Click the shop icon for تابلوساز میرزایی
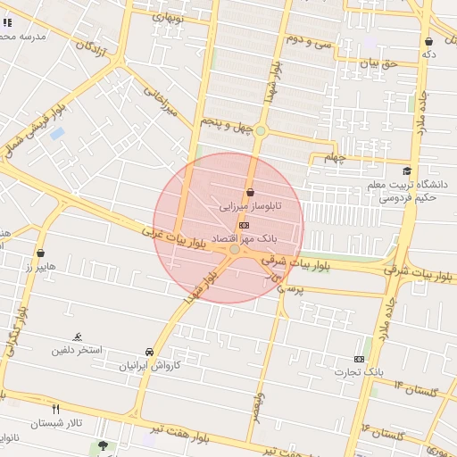249,192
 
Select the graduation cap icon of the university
407,171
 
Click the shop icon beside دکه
429,41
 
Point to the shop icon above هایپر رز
40,253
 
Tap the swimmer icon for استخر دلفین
79,337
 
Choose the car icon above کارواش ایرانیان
149,352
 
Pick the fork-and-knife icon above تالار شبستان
55,408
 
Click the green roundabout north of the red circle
261,131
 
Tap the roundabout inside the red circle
235,252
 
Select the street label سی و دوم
308,40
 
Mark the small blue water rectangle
57,133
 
